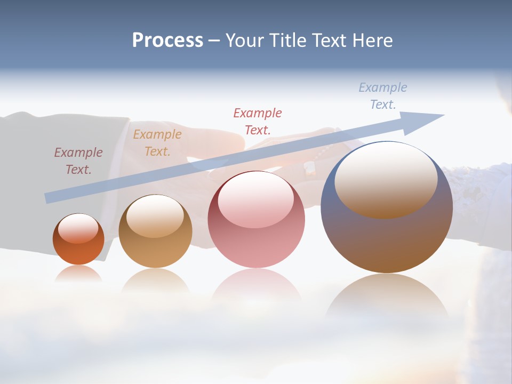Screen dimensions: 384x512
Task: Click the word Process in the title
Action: pos(167,41)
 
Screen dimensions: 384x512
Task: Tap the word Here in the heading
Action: pos(372,41)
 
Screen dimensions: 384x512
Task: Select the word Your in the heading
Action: pos(244,41)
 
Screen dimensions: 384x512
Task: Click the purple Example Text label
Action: pos(78,161)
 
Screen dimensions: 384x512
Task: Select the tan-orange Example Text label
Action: pos(157,142)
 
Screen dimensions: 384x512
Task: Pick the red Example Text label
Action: pos(257,121)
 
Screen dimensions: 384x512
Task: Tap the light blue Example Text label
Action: pos(382,95)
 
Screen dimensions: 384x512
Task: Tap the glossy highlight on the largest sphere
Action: pos(386,179)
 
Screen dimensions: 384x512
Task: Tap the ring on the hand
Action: pos(309,169)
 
